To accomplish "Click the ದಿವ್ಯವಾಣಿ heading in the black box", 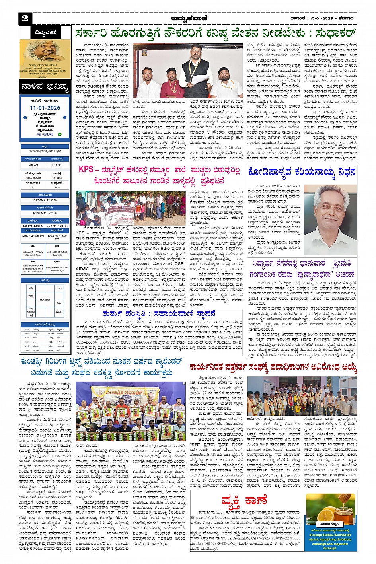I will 45,33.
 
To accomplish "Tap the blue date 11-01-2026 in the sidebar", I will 45,108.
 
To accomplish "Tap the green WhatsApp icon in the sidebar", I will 60,134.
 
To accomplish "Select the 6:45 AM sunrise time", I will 33,165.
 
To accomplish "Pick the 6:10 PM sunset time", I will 57,165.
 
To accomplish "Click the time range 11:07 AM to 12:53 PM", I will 45,200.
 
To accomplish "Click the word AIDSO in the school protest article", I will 82,269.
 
